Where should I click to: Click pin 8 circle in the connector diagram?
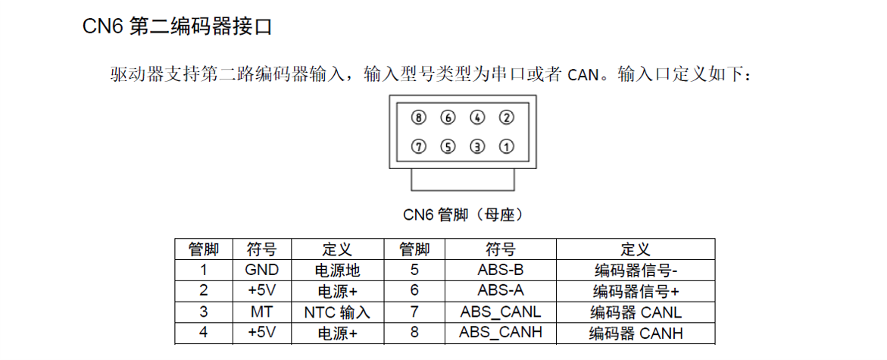tap(419, 117)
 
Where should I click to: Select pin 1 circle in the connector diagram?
tap(506, 146)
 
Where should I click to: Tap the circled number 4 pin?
tap(477, 117)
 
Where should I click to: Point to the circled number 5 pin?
tap(448, 146)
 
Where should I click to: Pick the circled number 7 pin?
tap(419, 146)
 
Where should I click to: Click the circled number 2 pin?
tap(506, 117)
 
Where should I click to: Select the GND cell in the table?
tap(262, 270)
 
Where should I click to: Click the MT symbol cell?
tap(262, 311)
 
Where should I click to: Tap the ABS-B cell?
tap(501, 270)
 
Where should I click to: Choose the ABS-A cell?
tap(501, 290)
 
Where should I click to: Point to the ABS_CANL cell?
tap(501, 312)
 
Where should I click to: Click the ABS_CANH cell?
tap(501, 332)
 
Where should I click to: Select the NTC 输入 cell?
tap(337, 312)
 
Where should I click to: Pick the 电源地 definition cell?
tap(337, 271)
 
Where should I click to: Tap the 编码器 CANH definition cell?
tap(636, 333)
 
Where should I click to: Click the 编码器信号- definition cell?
tap(636, 271)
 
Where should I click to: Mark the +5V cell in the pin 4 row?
tap(262, 332)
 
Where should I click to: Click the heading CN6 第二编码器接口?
tap(177, 27)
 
